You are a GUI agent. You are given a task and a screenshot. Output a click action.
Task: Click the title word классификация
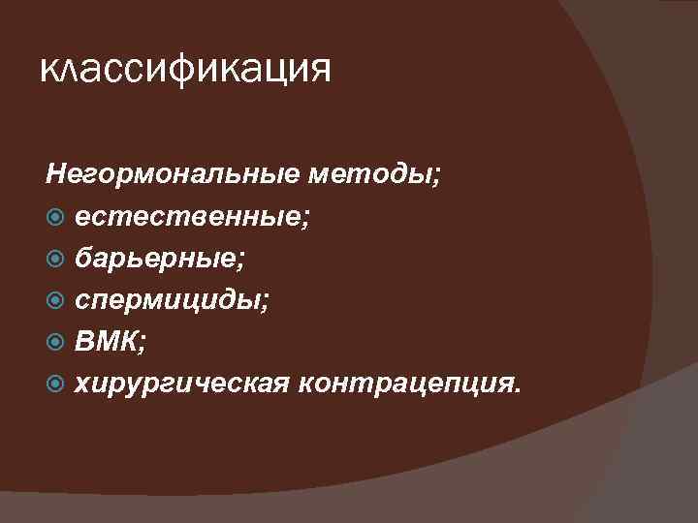click(185, 70)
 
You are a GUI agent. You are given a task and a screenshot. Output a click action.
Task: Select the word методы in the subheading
click(373, 176)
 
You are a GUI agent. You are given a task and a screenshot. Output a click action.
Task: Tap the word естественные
click(189, 218)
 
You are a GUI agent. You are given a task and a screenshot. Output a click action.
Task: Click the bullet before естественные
click(54, 219)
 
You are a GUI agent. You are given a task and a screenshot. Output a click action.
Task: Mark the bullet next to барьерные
click(54, 261)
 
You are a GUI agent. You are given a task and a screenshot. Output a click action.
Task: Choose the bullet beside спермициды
click(54, 302)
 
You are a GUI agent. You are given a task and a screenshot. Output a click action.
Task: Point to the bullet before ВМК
click(54, 344)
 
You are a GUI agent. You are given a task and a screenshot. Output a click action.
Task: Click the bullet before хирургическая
click(54, 385)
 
